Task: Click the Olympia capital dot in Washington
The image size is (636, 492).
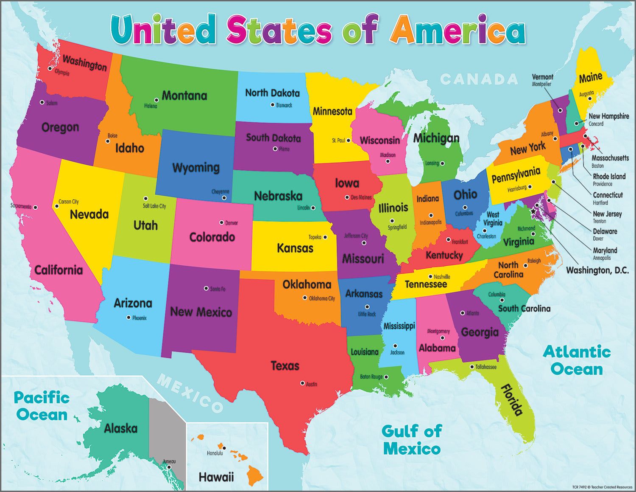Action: point(50,68)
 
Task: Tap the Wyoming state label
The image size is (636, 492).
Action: point(196,168)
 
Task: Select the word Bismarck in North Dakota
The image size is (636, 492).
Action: point(284,105)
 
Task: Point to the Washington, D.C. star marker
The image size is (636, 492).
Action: point(533,211)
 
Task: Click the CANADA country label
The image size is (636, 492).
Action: point(479,79)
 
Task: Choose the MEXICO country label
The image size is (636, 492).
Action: point(190,393)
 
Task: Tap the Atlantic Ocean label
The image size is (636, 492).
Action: point(577,360)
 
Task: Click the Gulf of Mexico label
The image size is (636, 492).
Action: point(411,439)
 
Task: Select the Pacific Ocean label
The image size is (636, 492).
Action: point(42,406)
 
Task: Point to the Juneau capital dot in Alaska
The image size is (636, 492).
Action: point(169,467)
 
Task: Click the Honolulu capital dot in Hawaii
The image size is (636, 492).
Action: point(224,448)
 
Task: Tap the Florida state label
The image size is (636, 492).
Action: point(512,399)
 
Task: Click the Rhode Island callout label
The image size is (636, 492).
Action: point(609,176)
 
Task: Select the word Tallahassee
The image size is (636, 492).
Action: point(485,367)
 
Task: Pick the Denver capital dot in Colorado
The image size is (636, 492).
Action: point(221,222)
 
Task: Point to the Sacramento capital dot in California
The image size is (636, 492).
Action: point(36,208)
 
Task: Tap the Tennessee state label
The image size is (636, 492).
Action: point(426,284)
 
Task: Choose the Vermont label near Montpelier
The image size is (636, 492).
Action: point(542,77)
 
